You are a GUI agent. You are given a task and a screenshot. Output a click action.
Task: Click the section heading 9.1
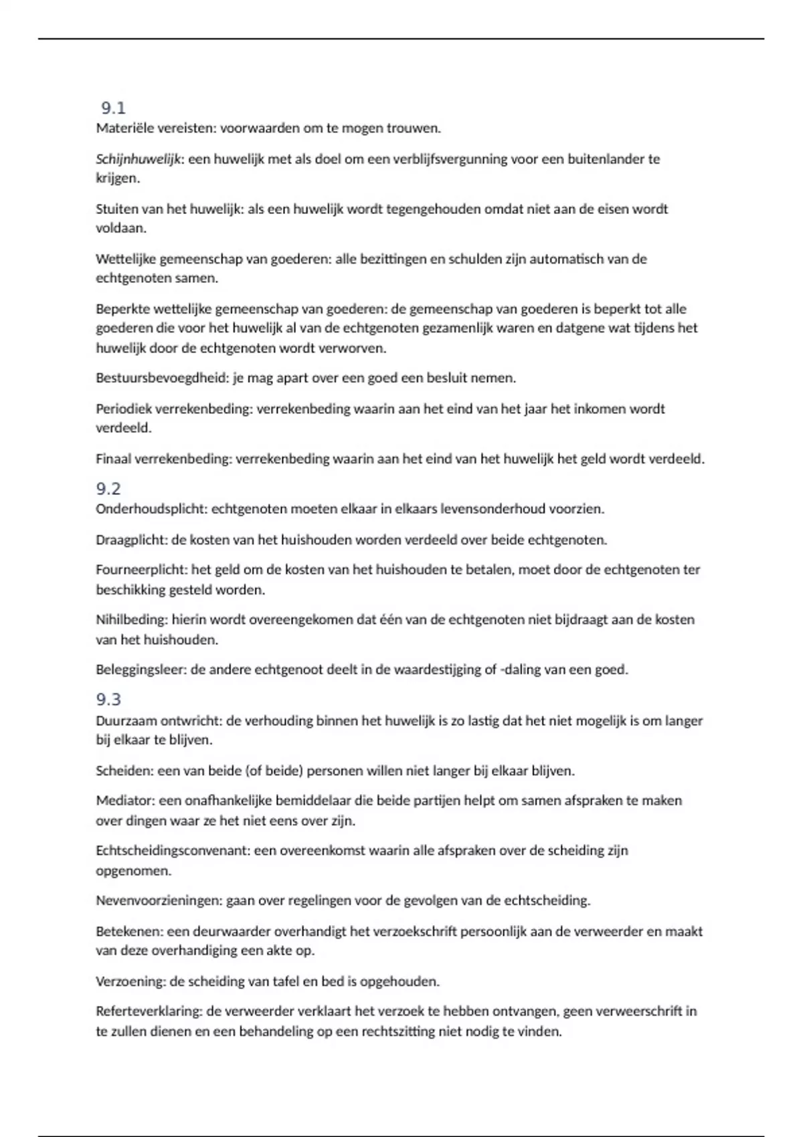pyautogui.click(x=113, y=108)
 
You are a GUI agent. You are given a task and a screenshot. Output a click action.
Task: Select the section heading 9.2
pyautogui.click(x=108, y=488)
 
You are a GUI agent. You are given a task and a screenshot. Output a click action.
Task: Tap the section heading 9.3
pyautogui.click(x=108, y=700)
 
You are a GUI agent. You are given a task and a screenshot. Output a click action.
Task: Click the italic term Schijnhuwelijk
pyautogui.click(x=139, y=159)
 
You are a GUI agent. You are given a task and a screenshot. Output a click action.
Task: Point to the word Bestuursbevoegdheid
pyautogui.click(x=162, y=378)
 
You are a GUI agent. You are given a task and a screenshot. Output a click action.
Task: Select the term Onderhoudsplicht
pyautogui.click(x=151, y=509)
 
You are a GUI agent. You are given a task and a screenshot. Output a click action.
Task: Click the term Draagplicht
pyautogui.click(x=131, y=540)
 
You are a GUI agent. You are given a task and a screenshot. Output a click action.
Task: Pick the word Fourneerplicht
pyautogui.click(x=141, y=570)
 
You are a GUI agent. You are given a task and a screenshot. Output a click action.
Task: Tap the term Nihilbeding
pyautogui.click(x=130, y=620)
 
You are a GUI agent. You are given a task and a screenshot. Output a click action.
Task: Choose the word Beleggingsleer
pyautogui.click(x=141, y=669)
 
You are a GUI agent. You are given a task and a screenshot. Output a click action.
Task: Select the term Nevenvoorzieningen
pyautogui.click(x=158, y=901)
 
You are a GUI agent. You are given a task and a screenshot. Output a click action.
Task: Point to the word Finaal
pyautogui.click(x=113, y=459)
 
